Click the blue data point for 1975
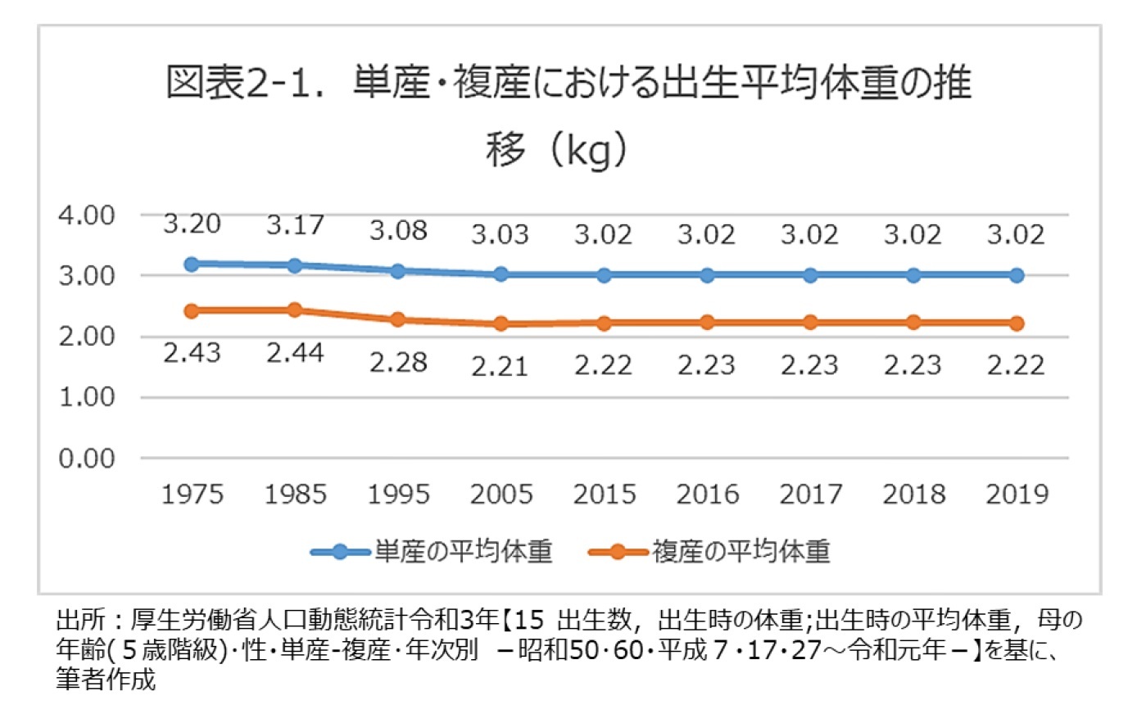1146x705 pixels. (192, 264)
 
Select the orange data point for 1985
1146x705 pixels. (295, 310)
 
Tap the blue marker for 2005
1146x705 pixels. (501, 274)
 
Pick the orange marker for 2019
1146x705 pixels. (1017, 323)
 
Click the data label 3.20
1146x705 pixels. (192, 224)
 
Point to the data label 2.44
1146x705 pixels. (295, 353)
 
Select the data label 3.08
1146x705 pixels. (397, 230)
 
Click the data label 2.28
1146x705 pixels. (397, 361)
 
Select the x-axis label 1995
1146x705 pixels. (397, 495)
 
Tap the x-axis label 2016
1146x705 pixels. (707, 495)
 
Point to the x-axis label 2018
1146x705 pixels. (913, 495)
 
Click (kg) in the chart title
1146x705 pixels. (589, 153)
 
